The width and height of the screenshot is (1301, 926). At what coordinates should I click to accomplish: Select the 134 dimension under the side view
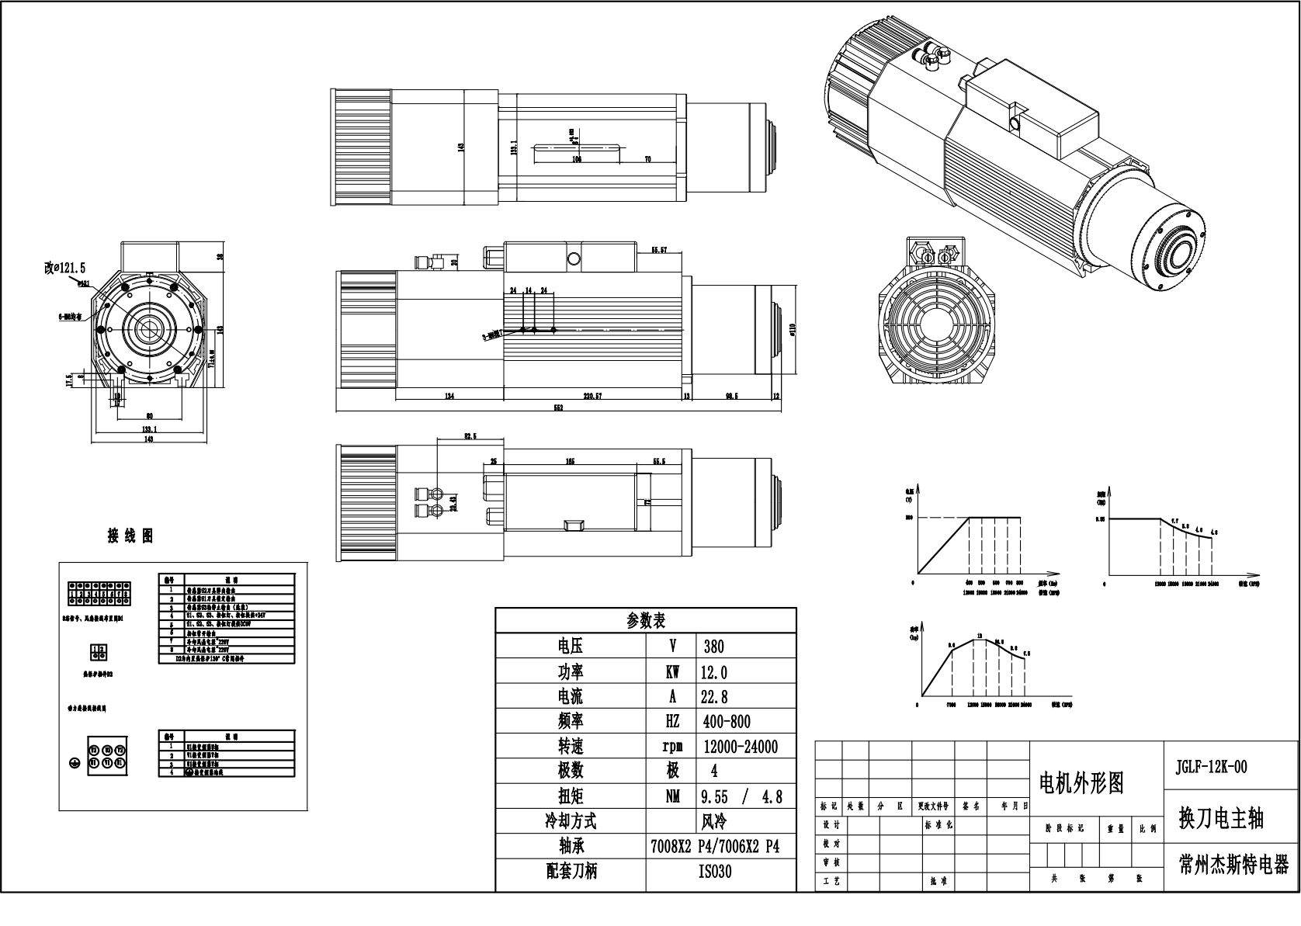449,396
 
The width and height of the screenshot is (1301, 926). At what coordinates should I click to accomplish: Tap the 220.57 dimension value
592,396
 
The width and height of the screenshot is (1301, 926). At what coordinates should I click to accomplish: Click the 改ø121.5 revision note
64,268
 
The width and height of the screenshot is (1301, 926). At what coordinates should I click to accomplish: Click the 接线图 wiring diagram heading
130,536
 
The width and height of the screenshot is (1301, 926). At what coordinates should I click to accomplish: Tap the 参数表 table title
646,621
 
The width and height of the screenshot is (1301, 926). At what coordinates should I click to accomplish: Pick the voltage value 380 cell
713,647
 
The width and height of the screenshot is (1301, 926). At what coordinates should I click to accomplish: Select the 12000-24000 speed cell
739,747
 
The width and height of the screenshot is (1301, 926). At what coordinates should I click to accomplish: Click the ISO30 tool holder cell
715,872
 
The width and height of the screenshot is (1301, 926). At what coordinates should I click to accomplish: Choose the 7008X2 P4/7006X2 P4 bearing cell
714,847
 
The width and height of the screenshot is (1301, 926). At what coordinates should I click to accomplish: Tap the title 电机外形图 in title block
1081,783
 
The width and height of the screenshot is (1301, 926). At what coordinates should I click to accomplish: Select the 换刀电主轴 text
1221,818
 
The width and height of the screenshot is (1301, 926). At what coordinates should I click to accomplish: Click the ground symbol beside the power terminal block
74,764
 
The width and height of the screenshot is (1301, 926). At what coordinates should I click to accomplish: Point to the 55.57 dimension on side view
659,250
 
